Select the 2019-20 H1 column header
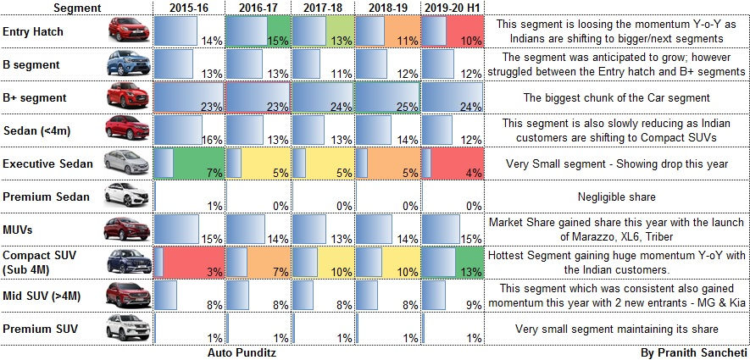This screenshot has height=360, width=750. (x=452, y=8)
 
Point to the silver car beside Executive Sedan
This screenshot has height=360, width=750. (x=123, y=163)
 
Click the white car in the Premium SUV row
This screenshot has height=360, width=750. (x=123, y=328)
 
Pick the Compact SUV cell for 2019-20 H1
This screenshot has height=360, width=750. (x=452, y=263)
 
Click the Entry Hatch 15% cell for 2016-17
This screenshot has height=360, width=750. (x=258, y=32)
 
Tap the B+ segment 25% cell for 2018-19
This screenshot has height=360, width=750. (x=386, y=97)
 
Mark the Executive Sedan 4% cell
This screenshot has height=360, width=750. (x=452, y=163)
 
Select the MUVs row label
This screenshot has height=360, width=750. (x=21, y=230)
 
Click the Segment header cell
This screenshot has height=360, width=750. (x=76, y=8)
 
